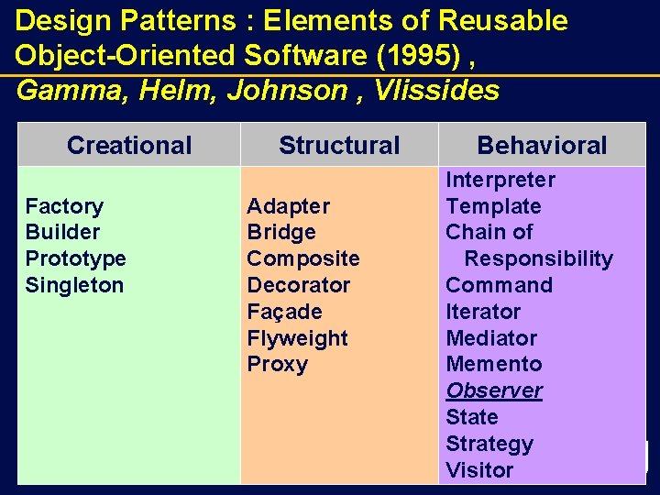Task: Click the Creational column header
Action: (x=129, y=145)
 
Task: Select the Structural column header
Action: (x=339, y=145)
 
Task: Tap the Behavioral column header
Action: (x=542, y=145)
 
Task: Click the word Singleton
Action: (x=74, y=285)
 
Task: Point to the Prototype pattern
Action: (x=75, y=258)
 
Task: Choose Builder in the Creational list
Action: (x=62, y=232)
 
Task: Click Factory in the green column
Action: (x=64, y=206)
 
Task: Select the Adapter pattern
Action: (x=288, y=206)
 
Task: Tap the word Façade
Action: (x=284, y=312)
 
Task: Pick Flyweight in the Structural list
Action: (x=297, y=338)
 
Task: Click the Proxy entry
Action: (x=277, y=364)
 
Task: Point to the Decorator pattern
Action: (x=298, y=285)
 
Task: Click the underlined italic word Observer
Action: (x=494, y=390)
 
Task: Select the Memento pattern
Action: (x=493, y=364)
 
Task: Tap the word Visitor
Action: (x=479, y=470)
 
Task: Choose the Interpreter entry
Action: (x=500, y=180)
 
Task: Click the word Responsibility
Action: (x=538, y=258)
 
